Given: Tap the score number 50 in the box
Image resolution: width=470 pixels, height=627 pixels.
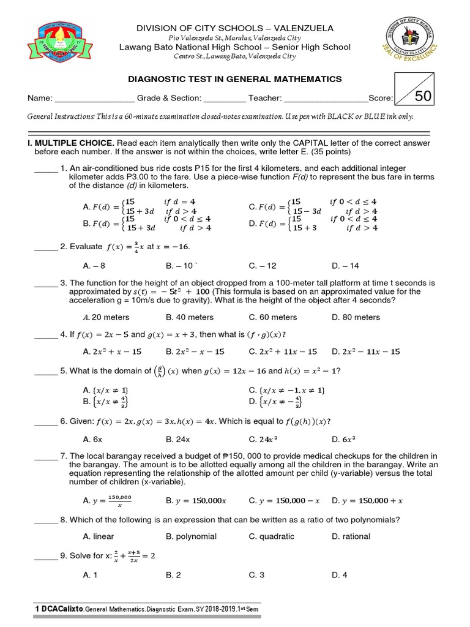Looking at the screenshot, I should tap(423, 96).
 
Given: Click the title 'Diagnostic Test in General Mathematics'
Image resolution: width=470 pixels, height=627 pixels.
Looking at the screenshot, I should tap(234, 79).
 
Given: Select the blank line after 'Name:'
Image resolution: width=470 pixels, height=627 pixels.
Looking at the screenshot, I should tap(94, 98).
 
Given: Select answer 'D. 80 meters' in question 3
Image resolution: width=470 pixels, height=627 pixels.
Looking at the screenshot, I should tap(356, 317).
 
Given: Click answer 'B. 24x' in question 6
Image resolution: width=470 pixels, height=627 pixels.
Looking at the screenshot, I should tap(178, 439).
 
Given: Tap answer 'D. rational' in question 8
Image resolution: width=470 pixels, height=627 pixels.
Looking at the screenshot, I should tap(351, 536).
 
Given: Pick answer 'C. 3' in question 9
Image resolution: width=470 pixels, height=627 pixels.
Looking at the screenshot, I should tap(256, 575).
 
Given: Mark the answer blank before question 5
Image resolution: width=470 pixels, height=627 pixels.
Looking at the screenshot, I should tap(45, 371).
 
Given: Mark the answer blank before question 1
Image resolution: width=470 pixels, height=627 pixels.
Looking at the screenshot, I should tap(45, 168).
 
